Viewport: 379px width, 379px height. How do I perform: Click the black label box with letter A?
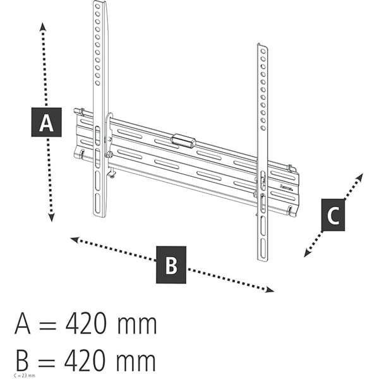(x=46, y=122)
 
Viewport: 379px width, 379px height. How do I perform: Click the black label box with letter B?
(x=171, y=264)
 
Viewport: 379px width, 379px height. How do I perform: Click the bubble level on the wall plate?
(x=183, y=140)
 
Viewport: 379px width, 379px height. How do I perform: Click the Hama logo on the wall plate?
(x=286, y=186)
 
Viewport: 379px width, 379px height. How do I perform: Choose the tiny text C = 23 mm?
(x=23, y=376)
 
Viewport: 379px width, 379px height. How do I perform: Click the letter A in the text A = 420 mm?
(x=23, y=325)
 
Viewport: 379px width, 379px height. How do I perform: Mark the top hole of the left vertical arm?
(x=97, y=6)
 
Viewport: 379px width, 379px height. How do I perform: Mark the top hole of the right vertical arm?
(x=262, y=50)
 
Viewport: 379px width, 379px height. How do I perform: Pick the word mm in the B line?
(x=136, y=362)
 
